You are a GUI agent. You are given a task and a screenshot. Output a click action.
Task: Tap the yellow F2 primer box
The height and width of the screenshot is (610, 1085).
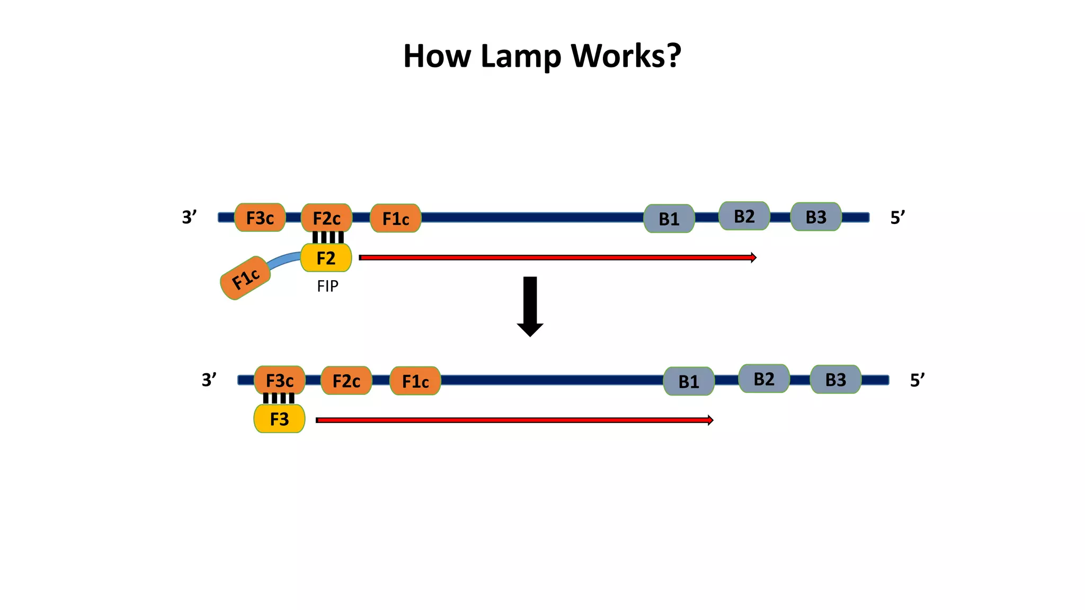(326, 258)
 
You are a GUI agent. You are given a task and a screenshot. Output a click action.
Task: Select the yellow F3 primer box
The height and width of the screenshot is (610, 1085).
(279, 419)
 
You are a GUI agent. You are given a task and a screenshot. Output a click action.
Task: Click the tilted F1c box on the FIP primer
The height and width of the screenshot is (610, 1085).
(245, 278)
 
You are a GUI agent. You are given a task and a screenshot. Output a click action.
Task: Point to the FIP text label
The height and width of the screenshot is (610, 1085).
(327, 286)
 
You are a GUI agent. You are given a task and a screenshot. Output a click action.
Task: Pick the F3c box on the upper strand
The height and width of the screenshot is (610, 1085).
(260, 218)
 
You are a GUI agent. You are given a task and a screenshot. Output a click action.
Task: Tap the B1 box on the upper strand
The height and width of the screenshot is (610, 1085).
(669, 219)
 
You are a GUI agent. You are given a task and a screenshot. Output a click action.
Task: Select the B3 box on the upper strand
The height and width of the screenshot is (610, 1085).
(816, 217)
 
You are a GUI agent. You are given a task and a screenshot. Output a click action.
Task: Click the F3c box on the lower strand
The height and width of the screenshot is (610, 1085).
(279, 380)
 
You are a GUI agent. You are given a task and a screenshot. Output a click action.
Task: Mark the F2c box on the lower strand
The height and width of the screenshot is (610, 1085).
(346, 381)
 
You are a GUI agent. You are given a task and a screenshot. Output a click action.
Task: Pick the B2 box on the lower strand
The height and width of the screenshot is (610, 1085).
(763, 379)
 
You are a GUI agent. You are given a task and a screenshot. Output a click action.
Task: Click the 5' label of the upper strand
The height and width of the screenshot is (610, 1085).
(897, 218)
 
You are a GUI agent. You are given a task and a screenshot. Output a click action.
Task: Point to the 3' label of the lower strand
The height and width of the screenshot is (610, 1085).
(209, 380)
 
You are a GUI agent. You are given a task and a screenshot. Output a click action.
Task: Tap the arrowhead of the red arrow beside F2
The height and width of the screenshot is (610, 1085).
(753, 258)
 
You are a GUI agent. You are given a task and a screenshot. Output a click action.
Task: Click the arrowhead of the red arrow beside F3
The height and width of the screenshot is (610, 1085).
(710, 420)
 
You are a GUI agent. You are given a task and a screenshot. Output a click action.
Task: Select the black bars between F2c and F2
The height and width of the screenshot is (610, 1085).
(328, 237)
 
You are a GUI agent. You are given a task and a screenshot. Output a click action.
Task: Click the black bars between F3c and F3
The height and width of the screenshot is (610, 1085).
(279, 398)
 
